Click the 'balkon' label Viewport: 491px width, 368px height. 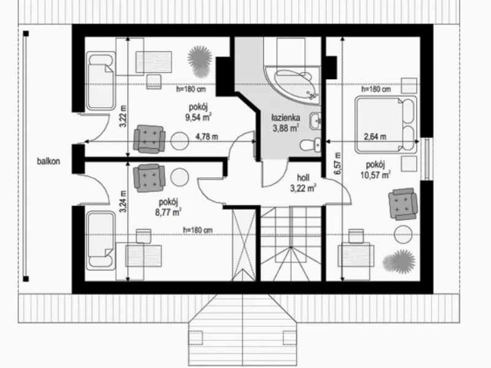[48, 161]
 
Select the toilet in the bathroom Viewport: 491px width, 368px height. [311, 145]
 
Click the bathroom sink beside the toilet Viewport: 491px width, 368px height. [315, 121]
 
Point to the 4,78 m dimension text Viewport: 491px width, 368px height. [207, 137]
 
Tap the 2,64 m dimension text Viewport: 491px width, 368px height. [375, 136]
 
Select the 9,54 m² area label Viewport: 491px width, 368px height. [198, 117]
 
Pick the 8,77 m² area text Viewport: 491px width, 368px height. [168, 212]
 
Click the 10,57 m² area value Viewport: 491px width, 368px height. [375, 174]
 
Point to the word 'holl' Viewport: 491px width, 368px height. [303, 178]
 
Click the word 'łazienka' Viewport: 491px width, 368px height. [285, 118]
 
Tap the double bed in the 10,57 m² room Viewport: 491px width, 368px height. [386, 125]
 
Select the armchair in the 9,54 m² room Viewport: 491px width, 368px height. [149, 139]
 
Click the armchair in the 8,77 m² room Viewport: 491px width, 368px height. [149, 177]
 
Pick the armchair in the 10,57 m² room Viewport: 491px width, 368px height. [403, 204]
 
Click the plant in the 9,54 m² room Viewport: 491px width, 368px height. [200, 61]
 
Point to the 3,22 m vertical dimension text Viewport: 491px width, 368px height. [123, 116]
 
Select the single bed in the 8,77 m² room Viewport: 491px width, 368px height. [101, 240]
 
